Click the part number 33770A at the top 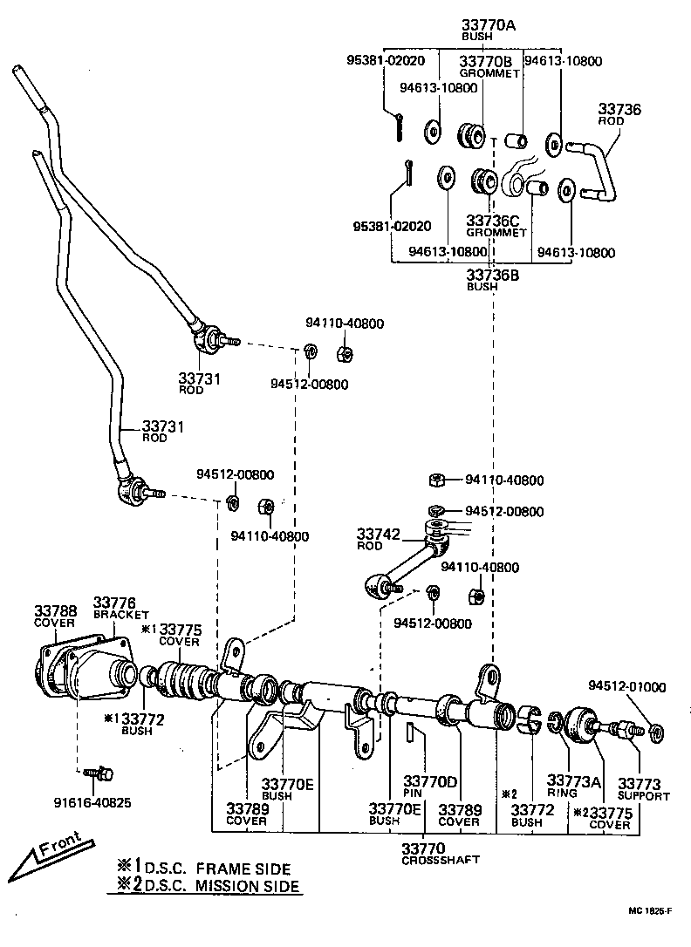(488, 26)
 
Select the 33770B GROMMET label (486, 65)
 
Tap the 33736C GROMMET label (496, 226)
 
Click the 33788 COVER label (56, 617)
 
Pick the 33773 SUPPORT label (643, 789)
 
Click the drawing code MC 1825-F (649, 911)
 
